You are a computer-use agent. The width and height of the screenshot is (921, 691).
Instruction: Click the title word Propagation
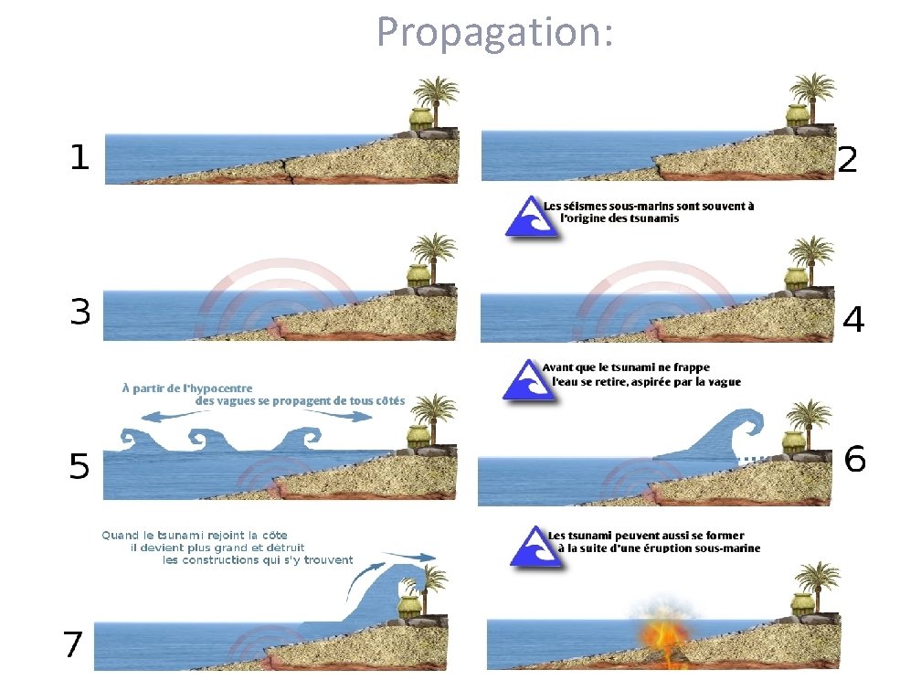pyautogui.click(x=494, y=33)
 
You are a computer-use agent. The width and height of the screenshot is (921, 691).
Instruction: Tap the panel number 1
pyautogui.click(x=80, y=157)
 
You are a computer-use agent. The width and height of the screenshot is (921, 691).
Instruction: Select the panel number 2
pyautogui.click(x=848, y=161)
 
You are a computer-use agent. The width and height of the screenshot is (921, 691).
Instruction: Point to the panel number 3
pyautogui.click(x=80, y=313)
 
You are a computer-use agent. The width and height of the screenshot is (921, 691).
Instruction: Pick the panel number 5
pyautogui.click(x=80, y=468)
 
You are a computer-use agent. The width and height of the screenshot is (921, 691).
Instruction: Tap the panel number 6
pyautogui.click(x=855, y=459)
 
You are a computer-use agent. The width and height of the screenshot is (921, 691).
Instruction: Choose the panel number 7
pyautogui.click(x=73, y=645)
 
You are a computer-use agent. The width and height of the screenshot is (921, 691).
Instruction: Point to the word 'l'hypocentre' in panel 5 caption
pyautogui.click(x=219, y=388)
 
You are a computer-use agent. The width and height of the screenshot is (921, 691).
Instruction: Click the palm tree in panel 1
pyautogui.click(x=437, y=96)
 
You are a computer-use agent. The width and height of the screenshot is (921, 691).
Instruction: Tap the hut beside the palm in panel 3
pyautogui.click(x=419, y=278)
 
